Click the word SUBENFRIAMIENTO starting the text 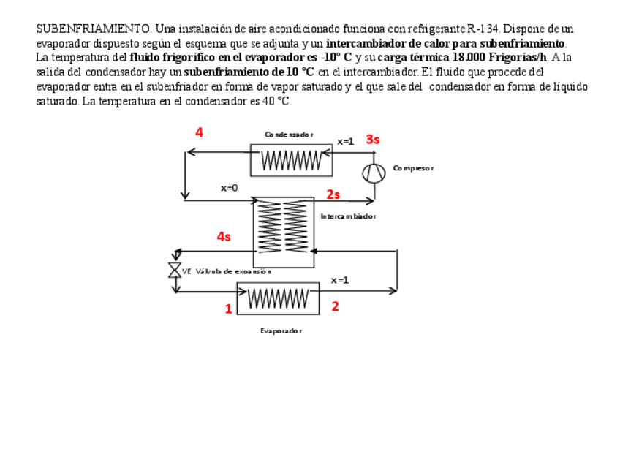point(94,29)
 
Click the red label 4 point(199,132)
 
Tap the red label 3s point(373,140)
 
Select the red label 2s point(333,194)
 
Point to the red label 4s point(224,236)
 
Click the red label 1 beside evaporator point(228,309)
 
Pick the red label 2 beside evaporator point(335,306)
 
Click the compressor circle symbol point(374,173)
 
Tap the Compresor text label point(413,168)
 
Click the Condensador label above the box point(289,135)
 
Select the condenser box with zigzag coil point(291,160)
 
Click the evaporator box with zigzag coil point(278,298)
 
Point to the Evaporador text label point(281,331)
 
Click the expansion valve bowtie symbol point(175,271)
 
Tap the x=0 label point(229,188)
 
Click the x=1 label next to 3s point(345,142)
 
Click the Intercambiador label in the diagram point(348,216)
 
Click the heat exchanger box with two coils point(284,232)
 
